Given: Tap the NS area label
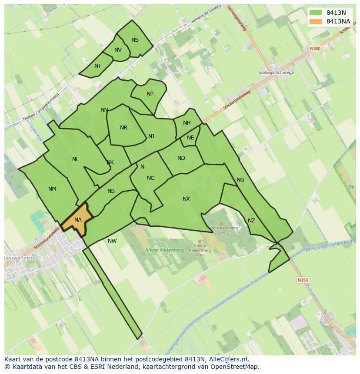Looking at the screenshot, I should (135, 40).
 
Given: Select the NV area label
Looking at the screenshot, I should (118, 50).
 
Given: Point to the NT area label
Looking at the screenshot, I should (98, 66).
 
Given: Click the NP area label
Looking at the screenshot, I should (150, 94).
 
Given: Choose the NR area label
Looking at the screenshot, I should (123, 128).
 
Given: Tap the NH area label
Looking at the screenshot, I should (187, 123).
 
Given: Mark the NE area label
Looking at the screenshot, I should (190, 138).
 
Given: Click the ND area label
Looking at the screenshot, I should (181, 158).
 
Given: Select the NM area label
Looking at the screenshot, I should (52, 189).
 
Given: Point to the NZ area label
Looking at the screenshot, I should (251, 221).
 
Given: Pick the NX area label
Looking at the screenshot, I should (186, 199).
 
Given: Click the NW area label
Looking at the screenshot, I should (112, 241).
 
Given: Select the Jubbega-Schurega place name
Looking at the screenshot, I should (276, 73).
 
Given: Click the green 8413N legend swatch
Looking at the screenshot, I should (316, 13).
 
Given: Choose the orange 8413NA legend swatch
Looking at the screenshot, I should (316, 21).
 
